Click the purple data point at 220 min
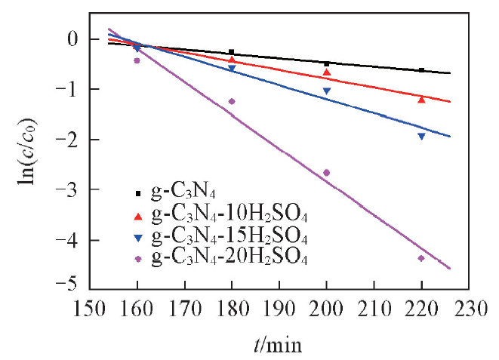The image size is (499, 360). point(421,258)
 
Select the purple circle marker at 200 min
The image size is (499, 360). point(326,173)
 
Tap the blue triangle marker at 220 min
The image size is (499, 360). point(421,137)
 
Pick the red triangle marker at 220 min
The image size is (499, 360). point(421,99)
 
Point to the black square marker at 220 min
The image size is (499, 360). point(421,70)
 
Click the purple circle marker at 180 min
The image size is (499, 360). point(232,101)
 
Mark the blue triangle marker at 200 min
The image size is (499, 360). point(326,91)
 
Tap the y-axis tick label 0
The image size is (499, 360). point(74,39)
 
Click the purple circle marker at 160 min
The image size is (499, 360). point(137,60)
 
